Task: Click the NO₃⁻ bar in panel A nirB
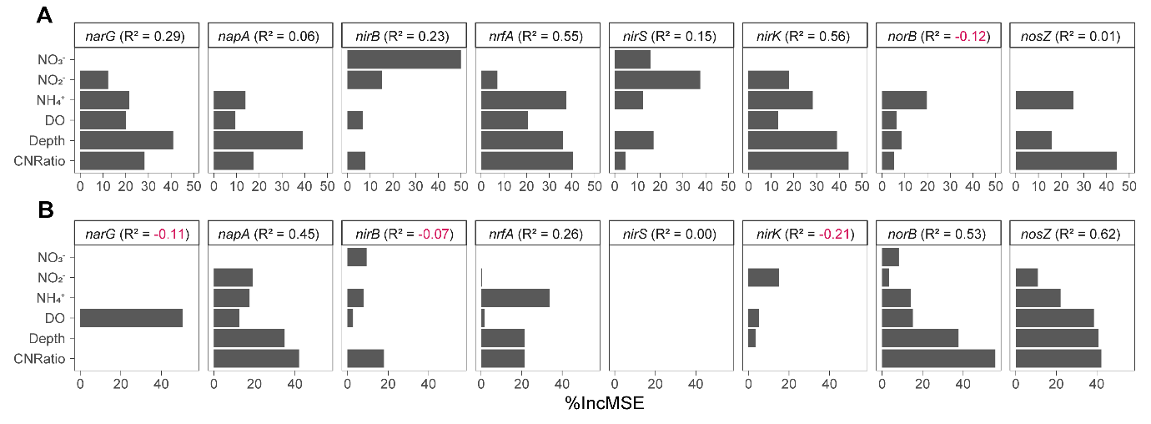point(404,59)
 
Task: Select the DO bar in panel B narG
point(131,318)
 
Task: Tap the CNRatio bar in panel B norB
point(938,358)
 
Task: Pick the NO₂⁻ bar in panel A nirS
point(657,80)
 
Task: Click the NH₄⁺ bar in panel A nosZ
point(1044,100)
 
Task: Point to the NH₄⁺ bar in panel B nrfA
point(515,298)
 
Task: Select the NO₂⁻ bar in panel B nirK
point(763,277)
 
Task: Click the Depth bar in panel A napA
point(258,140)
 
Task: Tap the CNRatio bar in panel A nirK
point(798,160)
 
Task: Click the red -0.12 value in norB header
point(973,36)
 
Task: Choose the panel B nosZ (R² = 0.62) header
point(1072,235)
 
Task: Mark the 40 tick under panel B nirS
point(696,384)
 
